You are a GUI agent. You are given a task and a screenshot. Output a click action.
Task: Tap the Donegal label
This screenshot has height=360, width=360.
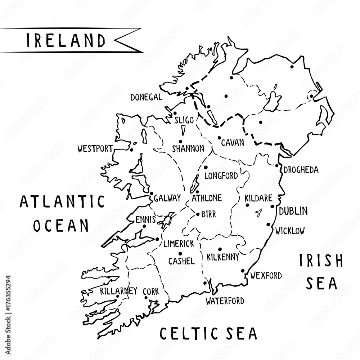(146, 97)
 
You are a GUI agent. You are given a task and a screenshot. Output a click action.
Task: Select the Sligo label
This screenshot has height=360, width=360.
(184, 120)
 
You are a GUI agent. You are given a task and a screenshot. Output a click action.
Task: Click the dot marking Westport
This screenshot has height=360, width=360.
(132, 150)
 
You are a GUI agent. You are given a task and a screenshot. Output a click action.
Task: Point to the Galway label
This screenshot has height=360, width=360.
(167, 199)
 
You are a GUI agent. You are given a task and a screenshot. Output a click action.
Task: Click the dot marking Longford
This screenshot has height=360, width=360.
(206, 168)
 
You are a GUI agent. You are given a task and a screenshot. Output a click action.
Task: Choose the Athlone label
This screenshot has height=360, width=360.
(207, 198)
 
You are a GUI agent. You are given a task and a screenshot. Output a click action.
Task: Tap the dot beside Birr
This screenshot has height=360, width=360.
(198, 214)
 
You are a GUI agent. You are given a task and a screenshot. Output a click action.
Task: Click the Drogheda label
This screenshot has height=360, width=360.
(301, 170)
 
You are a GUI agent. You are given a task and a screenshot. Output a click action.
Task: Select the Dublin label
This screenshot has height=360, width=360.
(293, 211)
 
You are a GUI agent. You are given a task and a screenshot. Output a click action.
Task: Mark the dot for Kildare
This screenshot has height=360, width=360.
(247, 205)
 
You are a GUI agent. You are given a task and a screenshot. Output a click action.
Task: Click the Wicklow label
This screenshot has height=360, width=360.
(290, 231)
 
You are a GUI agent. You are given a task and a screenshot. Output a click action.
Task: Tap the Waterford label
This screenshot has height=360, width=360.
(225, 301)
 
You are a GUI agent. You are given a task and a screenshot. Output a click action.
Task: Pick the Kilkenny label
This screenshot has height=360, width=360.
(223, 257)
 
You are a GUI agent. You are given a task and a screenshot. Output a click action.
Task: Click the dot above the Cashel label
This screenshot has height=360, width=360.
(180, 254)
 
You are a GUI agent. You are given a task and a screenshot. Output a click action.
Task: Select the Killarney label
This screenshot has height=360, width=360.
(119, 290)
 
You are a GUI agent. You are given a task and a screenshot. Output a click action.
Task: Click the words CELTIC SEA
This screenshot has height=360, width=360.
(208, 333)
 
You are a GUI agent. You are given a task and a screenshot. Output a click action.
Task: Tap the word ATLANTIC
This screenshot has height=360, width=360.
(62, 202)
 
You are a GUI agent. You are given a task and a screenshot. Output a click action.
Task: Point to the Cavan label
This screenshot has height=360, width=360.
(233, 142)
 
